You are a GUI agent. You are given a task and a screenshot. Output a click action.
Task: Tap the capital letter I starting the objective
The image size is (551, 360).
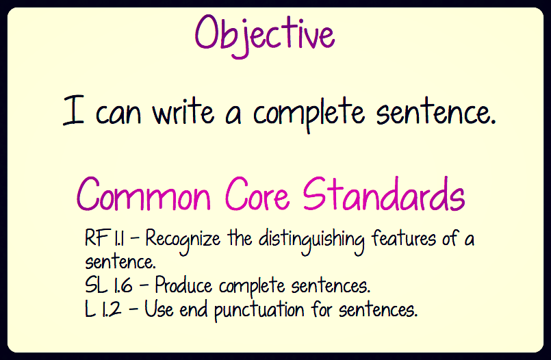[x=73, y=110]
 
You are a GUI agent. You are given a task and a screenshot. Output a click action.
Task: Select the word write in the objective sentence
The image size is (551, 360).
[x=183, y=111]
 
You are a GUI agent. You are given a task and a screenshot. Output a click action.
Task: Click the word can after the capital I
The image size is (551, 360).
[x=118, y=114]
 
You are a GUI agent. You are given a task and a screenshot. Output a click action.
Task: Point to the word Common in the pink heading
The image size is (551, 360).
[x=143, y=194]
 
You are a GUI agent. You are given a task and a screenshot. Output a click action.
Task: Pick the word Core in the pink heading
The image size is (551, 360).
[x=257, y=194]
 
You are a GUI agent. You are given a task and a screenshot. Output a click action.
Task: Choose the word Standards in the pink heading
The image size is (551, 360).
[x=384, y=194]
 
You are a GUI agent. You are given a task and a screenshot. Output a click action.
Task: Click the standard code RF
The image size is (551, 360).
[x=96, y=237]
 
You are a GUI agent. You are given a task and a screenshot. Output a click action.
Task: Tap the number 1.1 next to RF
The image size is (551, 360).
[x=118, y=238]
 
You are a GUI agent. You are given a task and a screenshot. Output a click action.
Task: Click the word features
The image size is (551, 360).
[x=404, y=237]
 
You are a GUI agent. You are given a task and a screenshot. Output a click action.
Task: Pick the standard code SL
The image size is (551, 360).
[x=96, y=285]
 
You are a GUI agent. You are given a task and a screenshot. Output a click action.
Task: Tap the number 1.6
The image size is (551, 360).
[x=123, y=285]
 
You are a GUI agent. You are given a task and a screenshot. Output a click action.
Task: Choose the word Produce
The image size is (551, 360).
[x=183, y=285]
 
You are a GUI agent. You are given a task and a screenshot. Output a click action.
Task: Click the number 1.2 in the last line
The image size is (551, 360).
[x=112, y=309]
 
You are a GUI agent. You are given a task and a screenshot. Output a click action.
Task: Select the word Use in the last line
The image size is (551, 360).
[x=159, y=309]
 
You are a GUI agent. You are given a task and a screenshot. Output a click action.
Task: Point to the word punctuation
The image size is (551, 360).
[x=259, y=311]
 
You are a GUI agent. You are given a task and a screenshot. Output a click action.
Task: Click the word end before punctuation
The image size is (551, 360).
[x=193, y=309]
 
